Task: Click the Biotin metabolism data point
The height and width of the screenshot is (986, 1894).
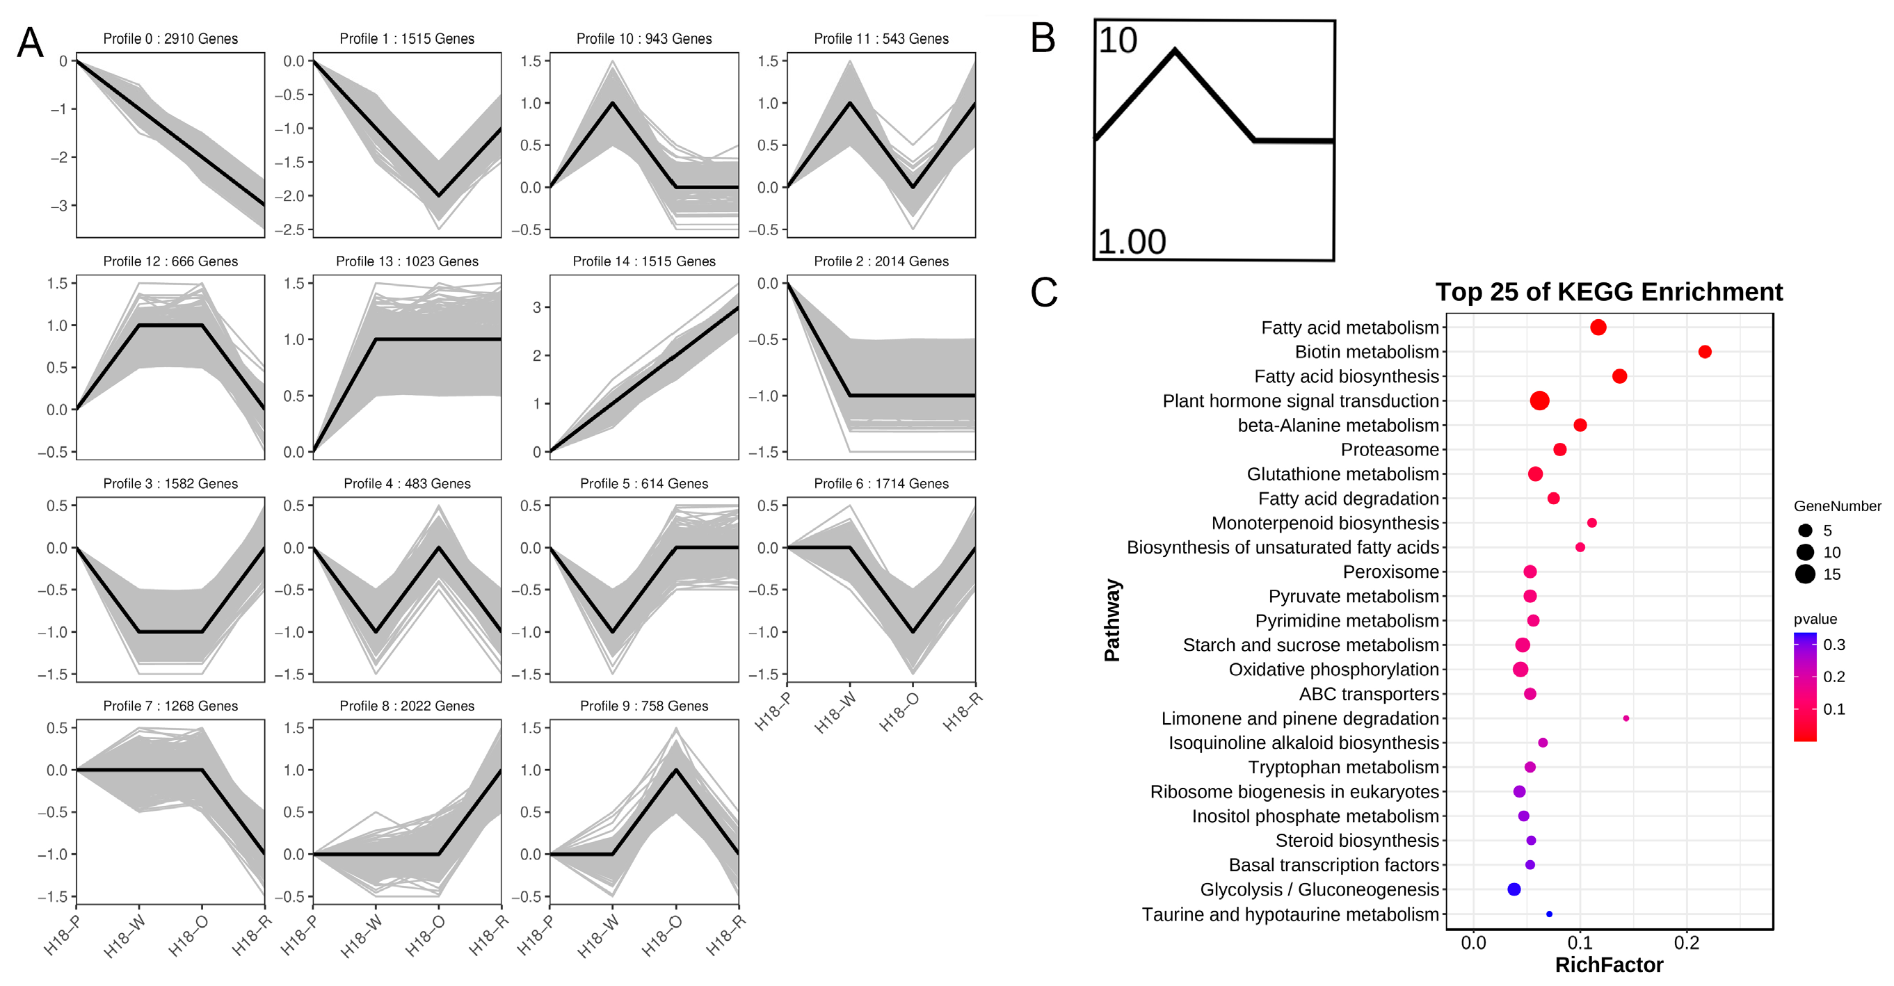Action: pos(1704,353)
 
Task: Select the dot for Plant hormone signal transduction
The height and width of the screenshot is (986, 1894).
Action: pos(1539,401)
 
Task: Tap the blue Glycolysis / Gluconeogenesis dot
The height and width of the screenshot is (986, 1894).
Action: pos(1514,889)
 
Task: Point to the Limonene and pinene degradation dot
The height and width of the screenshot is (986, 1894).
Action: pos(1626,718)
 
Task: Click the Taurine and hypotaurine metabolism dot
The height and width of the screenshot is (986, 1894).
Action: pos(1549,914)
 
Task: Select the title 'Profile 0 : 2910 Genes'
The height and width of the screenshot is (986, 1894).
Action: pos(170,39)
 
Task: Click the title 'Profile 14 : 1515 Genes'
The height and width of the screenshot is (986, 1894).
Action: pos(643,261)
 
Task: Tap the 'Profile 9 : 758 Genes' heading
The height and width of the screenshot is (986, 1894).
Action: pos(643,706)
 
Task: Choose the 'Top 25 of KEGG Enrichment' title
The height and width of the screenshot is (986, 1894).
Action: pos(1609,292)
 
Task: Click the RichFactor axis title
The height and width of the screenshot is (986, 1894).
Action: pos(1609,964)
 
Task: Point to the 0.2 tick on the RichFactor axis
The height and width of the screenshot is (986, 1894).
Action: pos(1686,943)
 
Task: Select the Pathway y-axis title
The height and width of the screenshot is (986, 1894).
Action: pos(1111,620)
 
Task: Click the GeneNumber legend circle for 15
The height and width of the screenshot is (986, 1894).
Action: pos(1805,574)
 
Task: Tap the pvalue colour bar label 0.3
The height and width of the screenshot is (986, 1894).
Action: pos(1833,645)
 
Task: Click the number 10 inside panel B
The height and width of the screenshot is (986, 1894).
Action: pos(1118,40)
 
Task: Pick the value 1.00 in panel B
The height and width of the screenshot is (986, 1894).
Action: pos(1132,242)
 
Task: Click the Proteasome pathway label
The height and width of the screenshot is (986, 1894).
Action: pos(1389,449)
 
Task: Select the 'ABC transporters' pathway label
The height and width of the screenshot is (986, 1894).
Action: pos(1368,693)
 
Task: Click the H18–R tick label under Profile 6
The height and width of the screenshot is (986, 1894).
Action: pos(963,711)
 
